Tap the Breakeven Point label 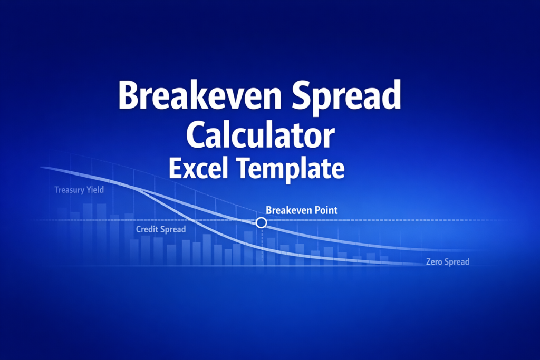point(302,210)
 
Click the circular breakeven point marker point(261,223)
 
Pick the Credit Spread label point(161,229)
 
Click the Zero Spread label point(447,262)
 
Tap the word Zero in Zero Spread point(434,262)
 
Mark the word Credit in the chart point(147,229)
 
